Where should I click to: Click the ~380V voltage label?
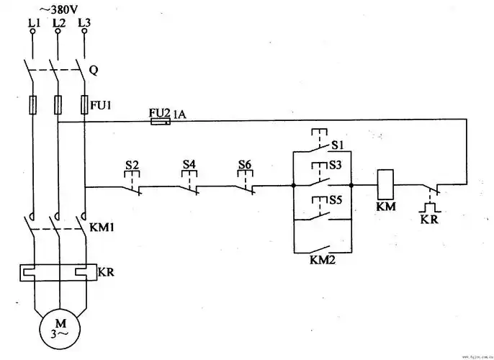tap(60, 9)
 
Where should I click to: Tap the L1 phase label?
tap(33, 24)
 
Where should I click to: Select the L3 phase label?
tap(84, 24)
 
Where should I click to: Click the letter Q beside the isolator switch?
tap(94, 71)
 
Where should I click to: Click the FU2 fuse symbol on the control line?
tap(160, 122)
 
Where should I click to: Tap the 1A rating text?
tap(179, 113)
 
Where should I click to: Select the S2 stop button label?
tap(132, 165)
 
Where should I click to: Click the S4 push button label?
tap(189, 165)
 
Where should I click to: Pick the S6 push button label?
tap(245, 165)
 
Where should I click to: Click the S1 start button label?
tap(336, 145)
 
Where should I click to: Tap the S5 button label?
tap(336, 199)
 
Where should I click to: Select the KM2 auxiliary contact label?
tap(322, 259)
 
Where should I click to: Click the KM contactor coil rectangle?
tap(385, 184)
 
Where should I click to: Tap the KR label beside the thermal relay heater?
tap(105, 274)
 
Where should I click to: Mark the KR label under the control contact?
tap(430, 219)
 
